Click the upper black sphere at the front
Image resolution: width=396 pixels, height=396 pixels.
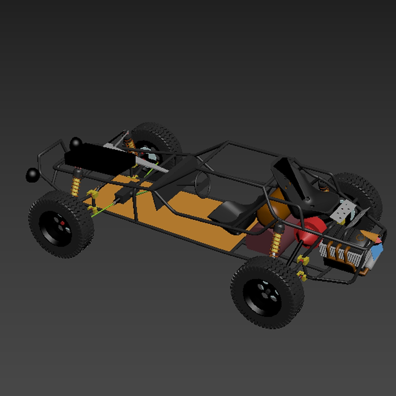pos(75,142)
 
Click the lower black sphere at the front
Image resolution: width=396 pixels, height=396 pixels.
pos(32,175)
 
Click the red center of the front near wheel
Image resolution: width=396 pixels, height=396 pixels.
pos(61,222)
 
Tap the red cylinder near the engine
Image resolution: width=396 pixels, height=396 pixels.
pos(310,231)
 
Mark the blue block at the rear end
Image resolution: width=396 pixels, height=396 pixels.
pos(377,249)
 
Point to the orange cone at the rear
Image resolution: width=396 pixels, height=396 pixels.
pos(369,270)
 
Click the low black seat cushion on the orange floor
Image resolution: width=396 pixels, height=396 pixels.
pos(229,212)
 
